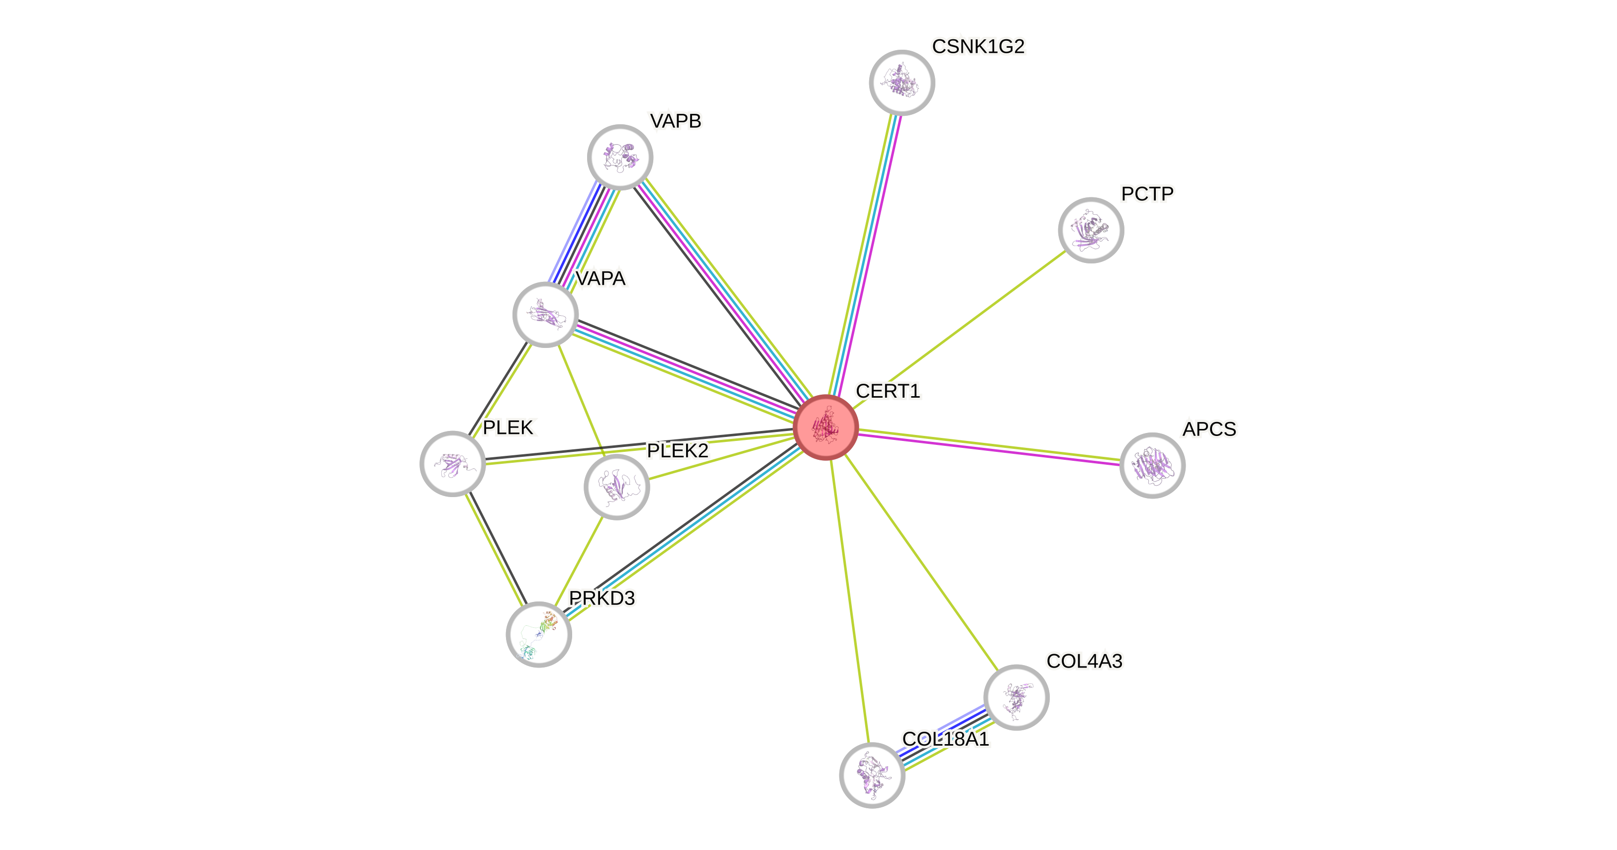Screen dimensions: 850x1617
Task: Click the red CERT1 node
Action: [x=825, y=427]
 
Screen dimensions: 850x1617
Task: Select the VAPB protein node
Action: [x=620, y=157]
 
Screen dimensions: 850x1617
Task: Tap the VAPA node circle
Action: [x=545, y=314]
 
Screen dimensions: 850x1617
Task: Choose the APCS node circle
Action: [x=1152, y=465]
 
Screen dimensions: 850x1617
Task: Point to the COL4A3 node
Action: [x=1015, y=697]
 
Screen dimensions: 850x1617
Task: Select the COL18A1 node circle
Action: [x=872, y=775]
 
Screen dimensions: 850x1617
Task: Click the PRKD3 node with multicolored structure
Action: [x=538, y=634]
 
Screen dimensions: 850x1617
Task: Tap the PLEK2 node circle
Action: [x=616, y=487]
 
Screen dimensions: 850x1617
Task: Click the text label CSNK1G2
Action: [x=978, y=46]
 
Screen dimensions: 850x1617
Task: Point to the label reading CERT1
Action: [x=888, y=391]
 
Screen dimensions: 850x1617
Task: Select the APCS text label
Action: [x=1209, y=429]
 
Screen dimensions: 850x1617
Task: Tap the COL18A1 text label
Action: [x=945, y=739]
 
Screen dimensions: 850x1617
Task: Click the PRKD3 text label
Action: [x=602, y=598]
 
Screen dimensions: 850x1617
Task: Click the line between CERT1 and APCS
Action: [x=989, y=446]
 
